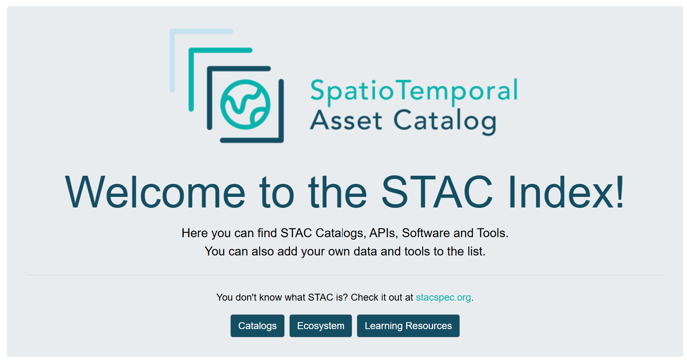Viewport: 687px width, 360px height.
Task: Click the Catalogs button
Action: coord(257,325)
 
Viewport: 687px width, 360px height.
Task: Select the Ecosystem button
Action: coord(320,325)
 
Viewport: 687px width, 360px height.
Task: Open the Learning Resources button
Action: coord(408,325)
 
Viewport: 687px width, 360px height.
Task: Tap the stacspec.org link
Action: coord(443,297)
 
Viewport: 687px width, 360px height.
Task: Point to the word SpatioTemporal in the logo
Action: coord(414,91)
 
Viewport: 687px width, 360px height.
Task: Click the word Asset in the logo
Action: coord(346,120)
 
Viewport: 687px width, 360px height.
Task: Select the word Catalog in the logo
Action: coord(445,122)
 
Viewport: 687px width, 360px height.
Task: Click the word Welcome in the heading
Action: coord(155,192)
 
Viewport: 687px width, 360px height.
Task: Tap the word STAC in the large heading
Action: coord(437,192)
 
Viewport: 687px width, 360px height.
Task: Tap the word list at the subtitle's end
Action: coord(476,251)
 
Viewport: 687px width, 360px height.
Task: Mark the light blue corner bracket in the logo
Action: coord(172,31)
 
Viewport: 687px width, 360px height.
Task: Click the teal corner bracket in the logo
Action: coord(191,50)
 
